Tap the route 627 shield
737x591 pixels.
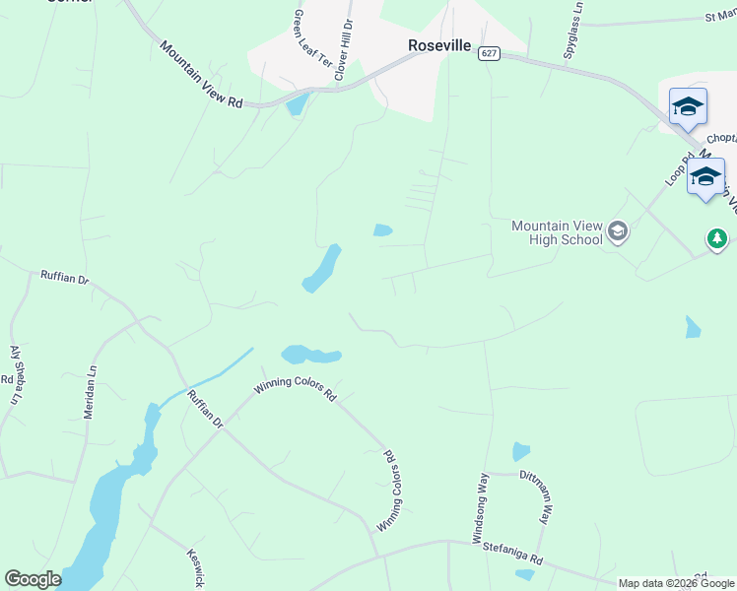(491, 53)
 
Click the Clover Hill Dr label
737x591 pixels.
(344, 49)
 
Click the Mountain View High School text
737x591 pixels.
(557, 232)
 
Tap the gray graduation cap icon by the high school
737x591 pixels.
(618, 232)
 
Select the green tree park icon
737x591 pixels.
(717, 238)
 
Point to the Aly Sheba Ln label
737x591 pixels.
(16, 374)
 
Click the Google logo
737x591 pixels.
(33, 579)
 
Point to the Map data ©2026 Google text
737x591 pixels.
(676, 583)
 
